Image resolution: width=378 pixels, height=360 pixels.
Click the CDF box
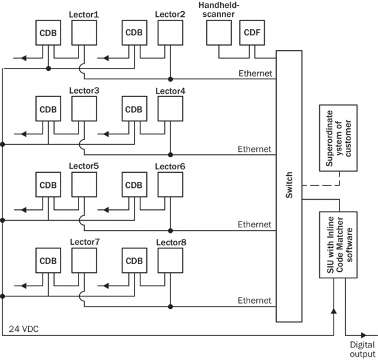250,33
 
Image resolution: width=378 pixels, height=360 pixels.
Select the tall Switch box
290,186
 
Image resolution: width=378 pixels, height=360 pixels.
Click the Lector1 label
83,14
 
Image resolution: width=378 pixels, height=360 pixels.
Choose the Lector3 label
83,91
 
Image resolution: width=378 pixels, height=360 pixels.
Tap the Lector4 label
170,91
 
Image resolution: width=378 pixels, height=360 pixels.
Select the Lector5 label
83,165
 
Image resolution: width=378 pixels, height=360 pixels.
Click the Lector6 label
170,166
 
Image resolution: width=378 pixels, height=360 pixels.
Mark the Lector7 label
84,242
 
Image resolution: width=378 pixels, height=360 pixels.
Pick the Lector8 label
170,242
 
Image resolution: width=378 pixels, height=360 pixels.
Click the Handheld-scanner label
218,10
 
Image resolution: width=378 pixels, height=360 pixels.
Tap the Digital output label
362,350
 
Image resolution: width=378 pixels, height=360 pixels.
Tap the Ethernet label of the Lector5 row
254,224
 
